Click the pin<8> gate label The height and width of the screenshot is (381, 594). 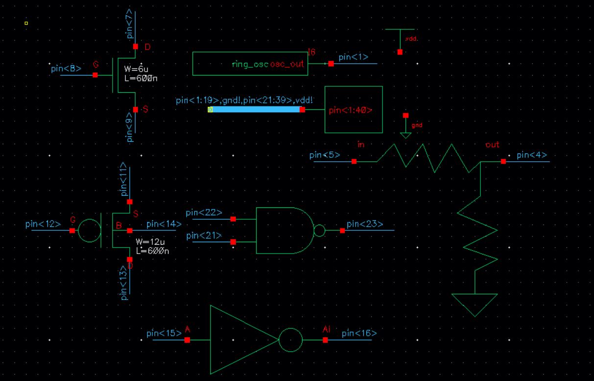pyautogui.click(x=66, y=68)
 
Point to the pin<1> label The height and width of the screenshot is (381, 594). pyautogui.click(x=353, y=57)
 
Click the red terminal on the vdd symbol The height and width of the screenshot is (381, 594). pyautogui.click(x=400, y=51)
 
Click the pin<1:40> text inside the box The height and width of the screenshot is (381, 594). pyautogui.click(x=350, y=110)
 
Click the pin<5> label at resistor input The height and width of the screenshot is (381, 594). pyautogui.click(x=325, y=155)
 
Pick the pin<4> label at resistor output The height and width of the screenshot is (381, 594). pyautogui.click(x=532, y=155)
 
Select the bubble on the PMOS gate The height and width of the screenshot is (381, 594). pyautogui.click(x=89, y=230)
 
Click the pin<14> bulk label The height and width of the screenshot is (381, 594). pyautogui.click(x=164, y=224)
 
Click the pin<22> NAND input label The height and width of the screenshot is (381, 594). pyautogui.click(x=204, y=212)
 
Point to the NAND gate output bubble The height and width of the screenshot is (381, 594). pyautogui.click(x=319, y=230)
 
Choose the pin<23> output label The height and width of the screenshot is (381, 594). pyautogui.click(x=365, y=225)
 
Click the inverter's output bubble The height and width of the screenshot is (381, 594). pyautogui.click(x=290, y=340)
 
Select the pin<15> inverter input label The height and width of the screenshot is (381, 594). pyautogui.click(x=164, y=334)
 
